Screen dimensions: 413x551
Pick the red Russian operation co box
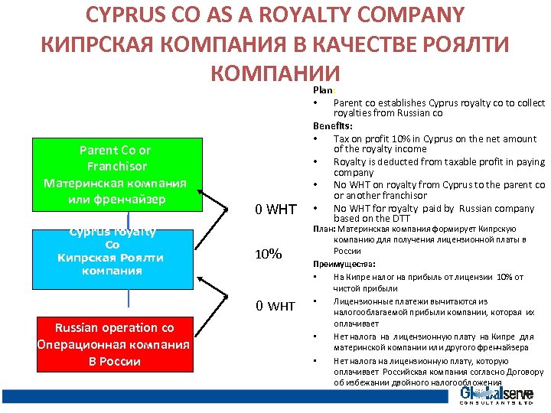tap(114, 344)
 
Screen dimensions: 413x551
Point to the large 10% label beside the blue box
tap(268, 253)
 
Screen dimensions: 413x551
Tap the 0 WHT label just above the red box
tap(275, 306)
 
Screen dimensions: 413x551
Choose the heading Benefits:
tap(333, 125)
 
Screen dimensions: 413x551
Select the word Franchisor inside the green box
tap(116, 166)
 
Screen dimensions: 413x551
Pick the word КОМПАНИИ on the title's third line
tap(274, 73)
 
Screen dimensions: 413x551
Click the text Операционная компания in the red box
tap(113, 344)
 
